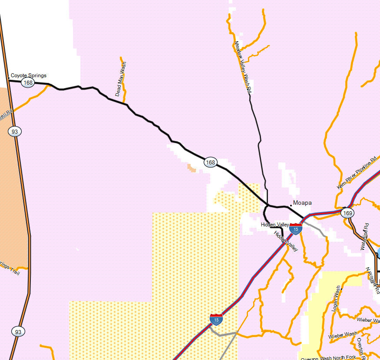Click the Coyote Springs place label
click(x=28, y=75)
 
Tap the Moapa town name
click(x=302, y=203)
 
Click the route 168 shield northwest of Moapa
click(x=211, y=162)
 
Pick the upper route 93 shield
click(x=14, y=131)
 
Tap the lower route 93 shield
click(x=17, y=332)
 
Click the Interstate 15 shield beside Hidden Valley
click(x=296, y=229)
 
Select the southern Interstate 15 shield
click(x=216, y=320)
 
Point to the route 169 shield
click(x=347, y=213)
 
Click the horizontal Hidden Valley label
click(x=275, y=224)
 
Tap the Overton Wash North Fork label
click(x=328, y=358)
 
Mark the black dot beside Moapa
click(x=291, y=203)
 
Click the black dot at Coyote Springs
click(x=9, y=79)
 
